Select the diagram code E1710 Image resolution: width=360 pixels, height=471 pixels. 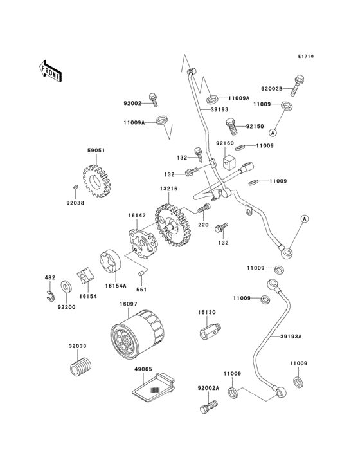click(x=305, y=57)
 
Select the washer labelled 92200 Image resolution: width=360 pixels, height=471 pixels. click(x=66, y=286)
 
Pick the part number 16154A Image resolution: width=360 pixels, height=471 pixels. click(x=116, y=284)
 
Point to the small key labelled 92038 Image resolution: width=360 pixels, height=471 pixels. click(x=75, y=185)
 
